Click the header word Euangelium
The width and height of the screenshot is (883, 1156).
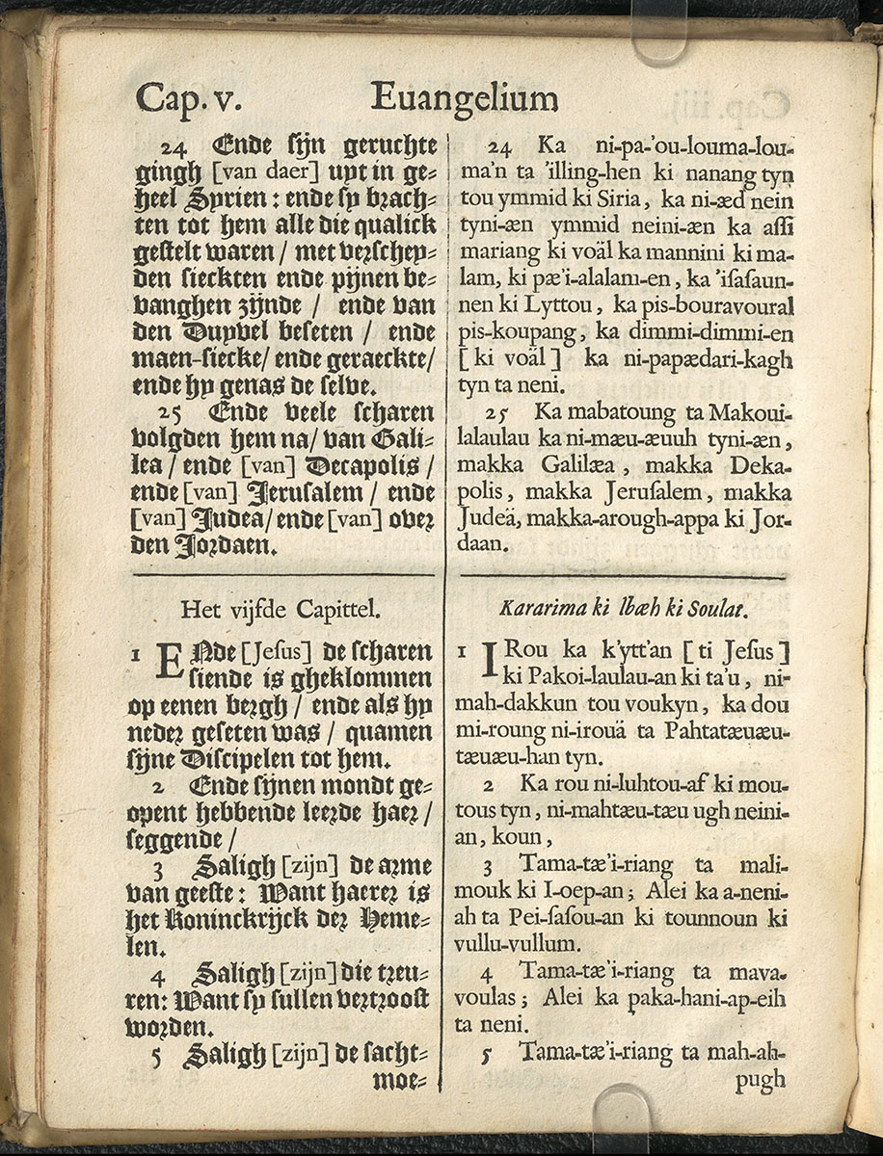464,98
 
